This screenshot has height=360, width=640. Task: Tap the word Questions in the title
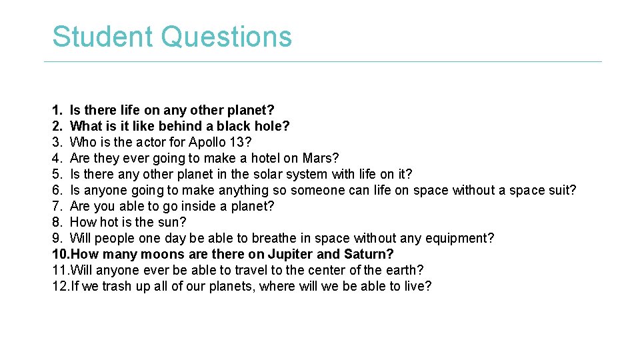click(226, 37)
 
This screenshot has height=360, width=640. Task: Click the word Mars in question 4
click(317, 158)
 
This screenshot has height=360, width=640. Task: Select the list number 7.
click(57, 206)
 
